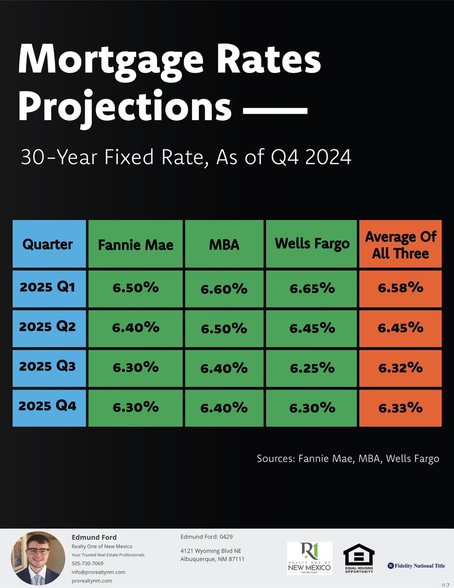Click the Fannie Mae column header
click(x=136, y=245)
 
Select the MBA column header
click(x=224, y=245)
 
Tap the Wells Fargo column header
click(x=312, y=244)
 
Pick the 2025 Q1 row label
click(x=48, y=287)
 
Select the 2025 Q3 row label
click(x=48, y=366)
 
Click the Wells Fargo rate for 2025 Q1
click(x=312, y=288)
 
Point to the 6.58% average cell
click(x=400, y=288)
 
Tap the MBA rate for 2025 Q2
click(x=224, y=328)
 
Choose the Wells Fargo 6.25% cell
click(x=312, y=367)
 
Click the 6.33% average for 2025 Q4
click(x=400, y=407)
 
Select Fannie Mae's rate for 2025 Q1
click(x=136, y=288)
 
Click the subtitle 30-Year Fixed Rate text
click(x=186, y=158)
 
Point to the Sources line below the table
click(x=348, y=459)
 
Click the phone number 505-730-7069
click(x=88, y=563)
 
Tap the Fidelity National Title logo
click(x=416, y=565)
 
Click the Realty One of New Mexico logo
click(x=309, y=559)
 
